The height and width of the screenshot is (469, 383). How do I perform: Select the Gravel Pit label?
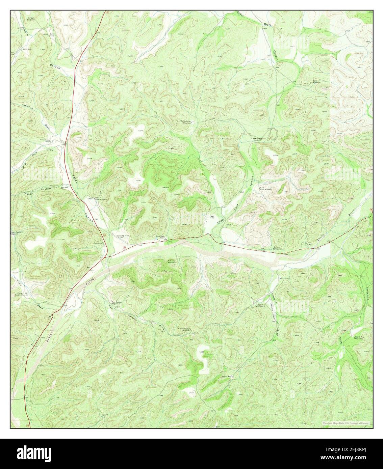(286, 279)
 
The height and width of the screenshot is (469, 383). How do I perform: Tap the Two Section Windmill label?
(117, 303)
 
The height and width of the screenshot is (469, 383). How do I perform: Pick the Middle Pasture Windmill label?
(184, 330)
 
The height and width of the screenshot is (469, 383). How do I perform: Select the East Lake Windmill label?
(265, 189)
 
